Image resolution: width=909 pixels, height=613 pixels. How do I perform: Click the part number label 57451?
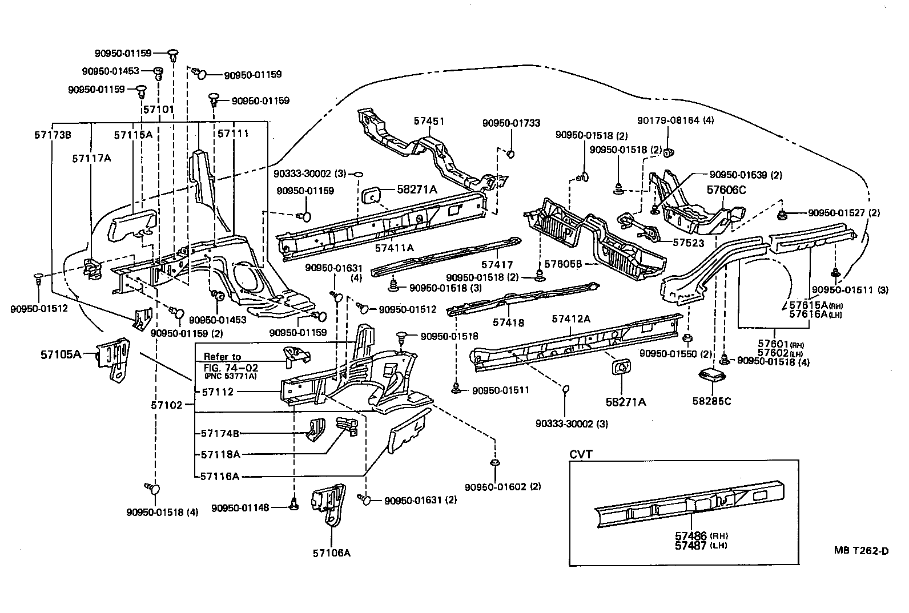coord(429,122)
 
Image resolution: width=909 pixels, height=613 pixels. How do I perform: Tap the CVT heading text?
coord(581,454)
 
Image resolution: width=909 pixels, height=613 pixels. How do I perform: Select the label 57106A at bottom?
coord(331,552)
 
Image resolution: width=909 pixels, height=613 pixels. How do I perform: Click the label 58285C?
coord(712,401)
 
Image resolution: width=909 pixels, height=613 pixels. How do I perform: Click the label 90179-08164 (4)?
coord(675,120)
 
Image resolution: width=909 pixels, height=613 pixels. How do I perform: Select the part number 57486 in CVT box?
coord(691,536)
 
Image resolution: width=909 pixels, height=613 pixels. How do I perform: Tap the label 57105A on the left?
coord(60,354)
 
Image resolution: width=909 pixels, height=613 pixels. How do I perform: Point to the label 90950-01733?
coord(511,123)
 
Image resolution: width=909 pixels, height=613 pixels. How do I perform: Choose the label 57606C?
coord(726,190)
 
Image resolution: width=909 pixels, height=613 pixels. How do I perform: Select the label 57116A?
coord(220,475)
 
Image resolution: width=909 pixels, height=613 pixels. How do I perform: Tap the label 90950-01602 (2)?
coord(502,487)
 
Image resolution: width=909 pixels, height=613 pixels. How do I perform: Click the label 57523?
coord(688,243)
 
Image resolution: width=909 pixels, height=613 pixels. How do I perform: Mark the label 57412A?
coord(570,318)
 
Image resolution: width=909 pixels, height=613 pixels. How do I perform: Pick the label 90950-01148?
coord(240,507)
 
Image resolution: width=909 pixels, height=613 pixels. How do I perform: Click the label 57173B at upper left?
coord(52,135)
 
